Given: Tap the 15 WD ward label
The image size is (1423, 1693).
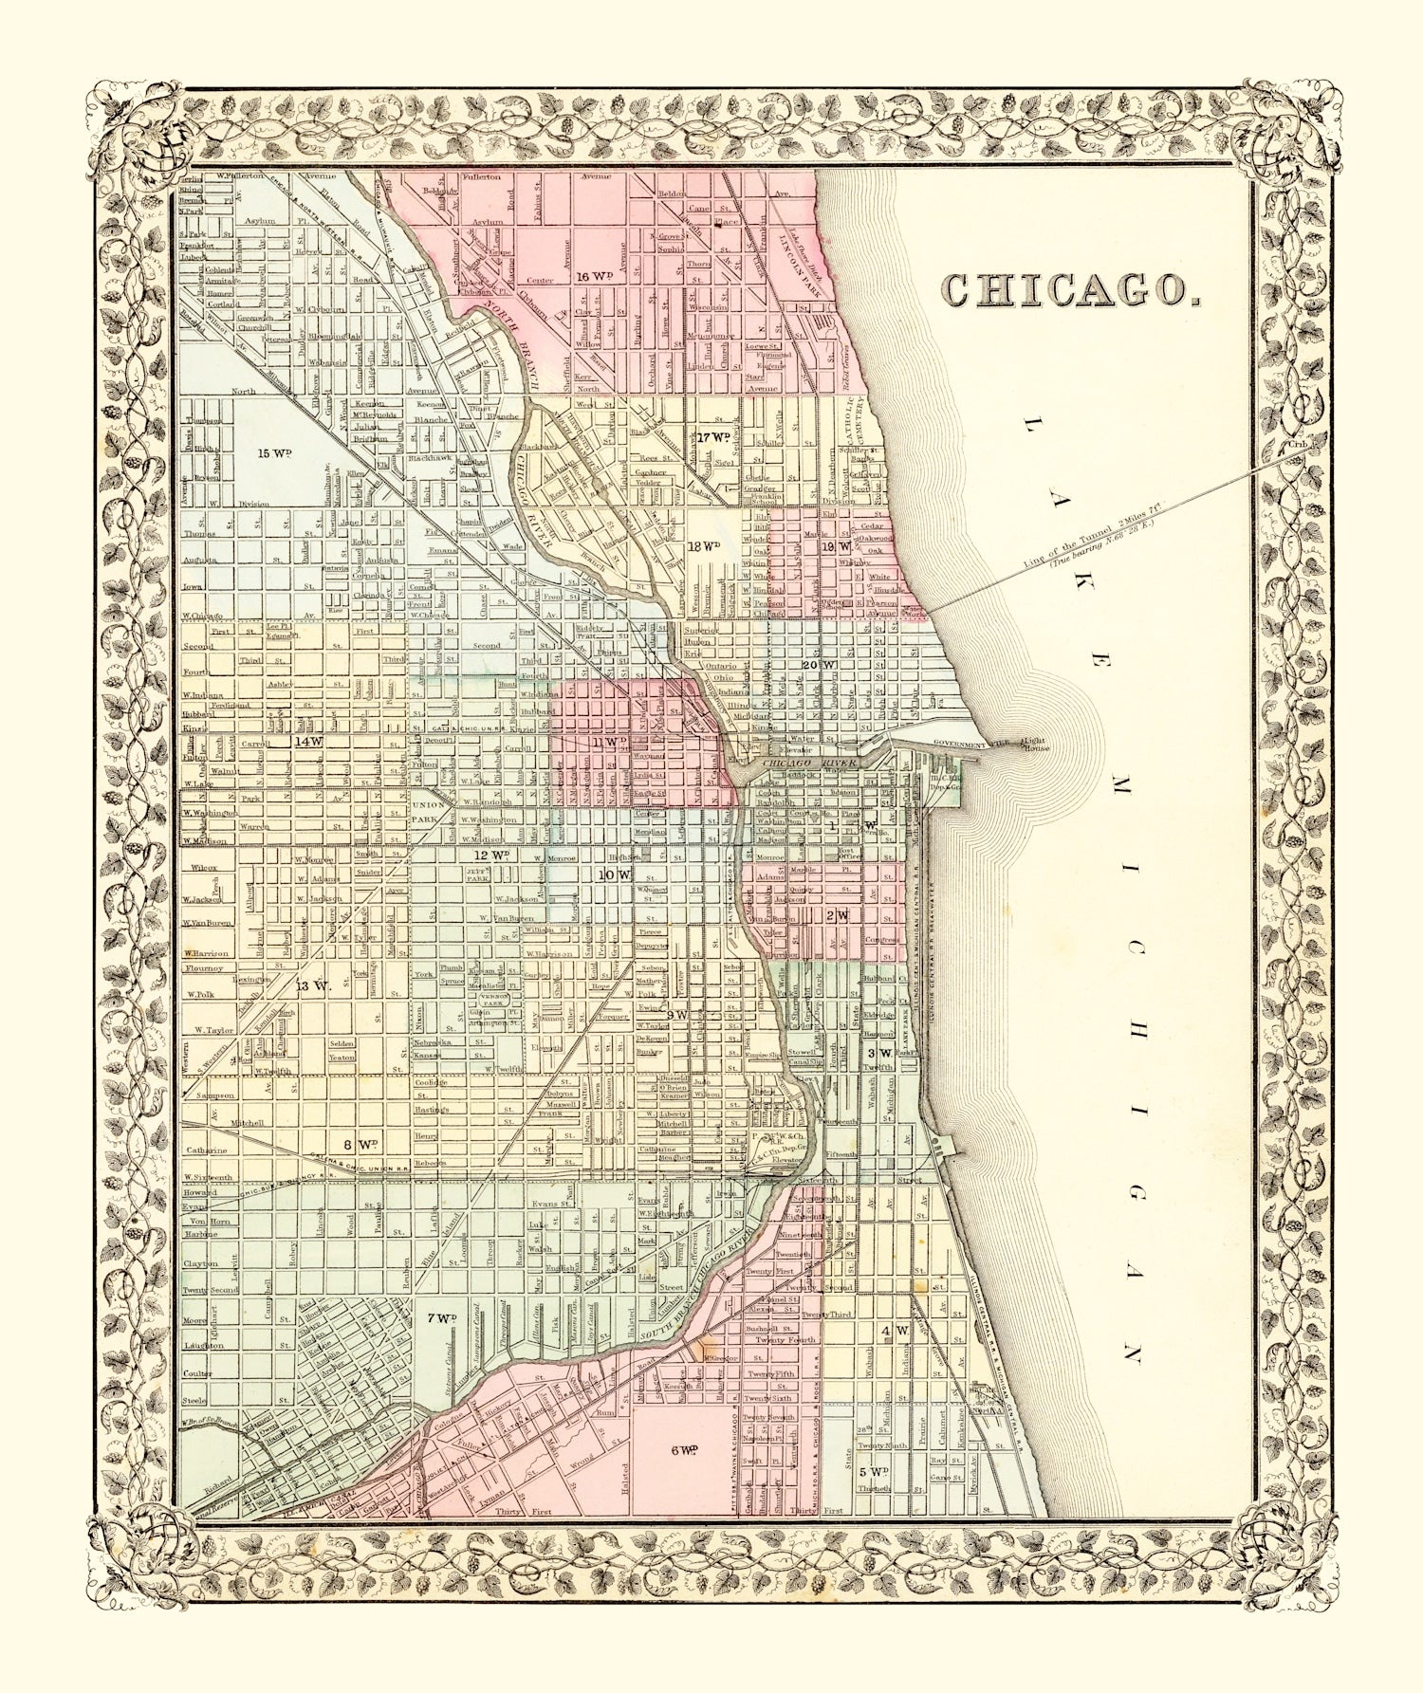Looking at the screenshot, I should tap(274, 453).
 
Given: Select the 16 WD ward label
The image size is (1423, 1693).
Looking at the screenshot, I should tap(596, 276).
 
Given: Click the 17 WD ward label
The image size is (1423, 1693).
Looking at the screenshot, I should tap(713, 437).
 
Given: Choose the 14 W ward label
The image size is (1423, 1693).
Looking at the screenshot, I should tap(308, 741).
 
